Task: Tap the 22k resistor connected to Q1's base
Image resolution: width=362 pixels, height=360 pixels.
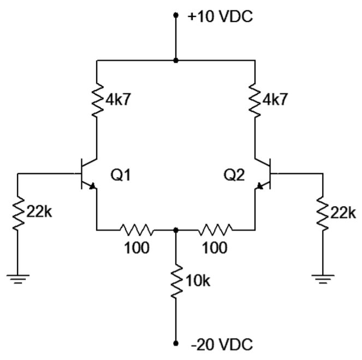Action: tap(17, 213)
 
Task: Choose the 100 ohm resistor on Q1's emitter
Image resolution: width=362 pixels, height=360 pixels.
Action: tap(136, 230)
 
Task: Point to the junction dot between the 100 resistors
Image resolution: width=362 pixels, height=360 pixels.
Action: tap(175, 230)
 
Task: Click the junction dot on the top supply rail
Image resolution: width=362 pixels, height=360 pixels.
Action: tap(175, 61)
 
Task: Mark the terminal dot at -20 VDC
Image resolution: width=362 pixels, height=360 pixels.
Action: tap(175, 344)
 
